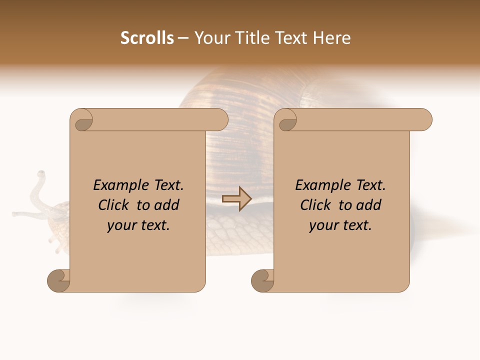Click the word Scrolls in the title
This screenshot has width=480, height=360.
point(147,38)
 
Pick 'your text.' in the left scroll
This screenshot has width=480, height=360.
point(138,225)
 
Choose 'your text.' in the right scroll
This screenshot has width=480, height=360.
point(340,225)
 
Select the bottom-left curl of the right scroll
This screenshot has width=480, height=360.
point(262,281)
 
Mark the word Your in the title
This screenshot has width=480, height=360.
point(210,38)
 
